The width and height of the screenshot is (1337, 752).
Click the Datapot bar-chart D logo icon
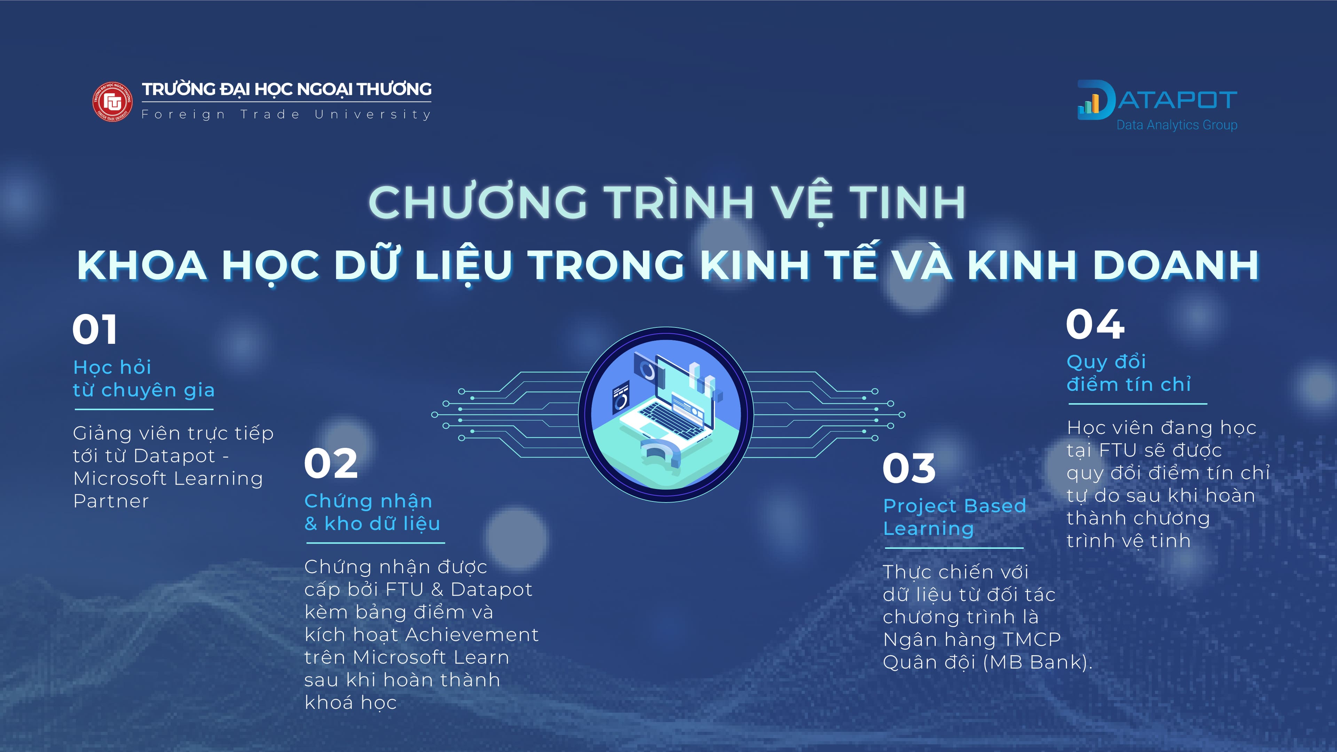tap(1095, 100)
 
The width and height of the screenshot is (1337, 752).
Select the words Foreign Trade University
tap(286, 114)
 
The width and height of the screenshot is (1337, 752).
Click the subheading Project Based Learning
tap(954, 517)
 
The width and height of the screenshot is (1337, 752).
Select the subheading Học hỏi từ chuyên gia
tap(144, 378)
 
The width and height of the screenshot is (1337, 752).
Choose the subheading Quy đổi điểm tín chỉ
tap(1128, 373)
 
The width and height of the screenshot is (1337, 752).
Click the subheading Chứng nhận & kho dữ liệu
tap(372, 512)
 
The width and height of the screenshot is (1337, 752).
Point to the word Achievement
tap(472, 635)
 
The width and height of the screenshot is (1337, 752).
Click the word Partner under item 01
tap(111, 501)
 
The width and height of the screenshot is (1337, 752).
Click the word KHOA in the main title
tap(142, 265)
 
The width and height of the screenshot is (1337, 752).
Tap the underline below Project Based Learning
tap(954, 547)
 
